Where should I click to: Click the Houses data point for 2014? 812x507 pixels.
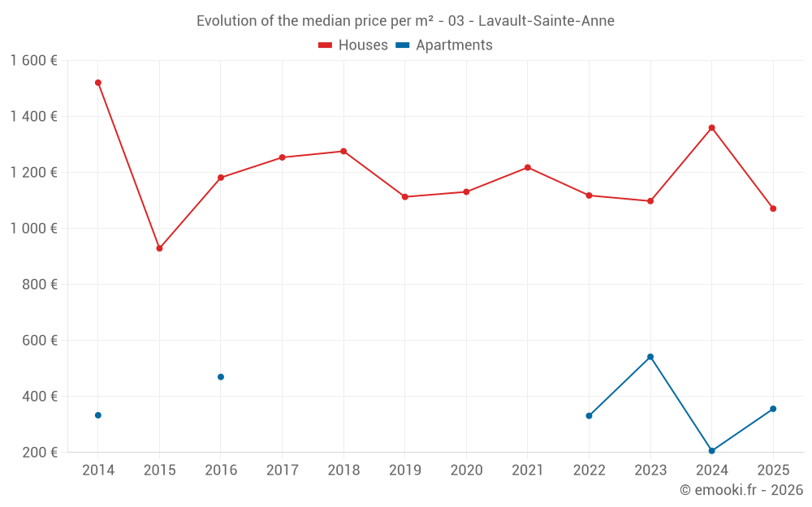point(98,83)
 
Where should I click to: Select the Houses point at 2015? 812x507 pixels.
point(159,248)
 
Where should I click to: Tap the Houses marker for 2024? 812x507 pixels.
point(711,127)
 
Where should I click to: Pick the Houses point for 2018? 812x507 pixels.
point(343,151)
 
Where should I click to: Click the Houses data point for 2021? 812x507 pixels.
point(528,167)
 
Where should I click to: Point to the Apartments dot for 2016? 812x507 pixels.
point(221,376)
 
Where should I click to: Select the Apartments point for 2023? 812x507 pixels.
point(650,357)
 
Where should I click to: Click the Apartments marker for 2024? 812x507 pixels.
point(711,450)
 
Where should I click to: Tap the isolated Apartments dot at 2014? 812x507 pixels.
point(98,415)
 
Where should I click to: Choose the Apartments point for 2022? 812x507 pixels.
point(589,415)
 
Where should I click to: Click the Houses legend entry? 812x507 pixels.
point(353,45)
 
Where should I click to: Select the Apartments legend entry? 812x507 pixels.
point(444,45)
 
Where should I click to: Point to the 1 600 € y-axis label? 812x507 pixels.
point(34,61)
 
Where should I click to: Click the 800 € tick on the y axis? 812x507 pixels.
point(40,285)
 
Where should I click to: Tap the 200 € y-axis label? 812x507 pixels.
point(40,453)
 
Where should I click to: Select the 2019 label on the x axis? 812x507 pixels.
point(404,470)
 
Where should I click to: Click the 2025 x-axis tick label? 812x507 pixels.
point(772,470)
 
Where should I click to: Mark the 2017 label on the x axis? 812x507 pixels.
point(282,470)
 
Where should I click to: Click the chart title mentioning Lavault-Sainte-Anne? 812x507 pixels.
point(405,20)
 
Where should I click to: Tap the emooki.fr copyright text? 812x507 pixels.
point(741,490)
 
